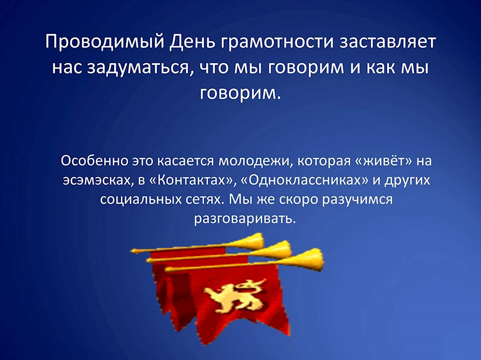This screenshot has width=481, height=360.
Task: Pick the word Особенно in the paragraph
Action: tap(94, 161)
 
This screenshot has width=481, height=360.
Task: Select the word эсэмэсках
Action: tap(98, 180)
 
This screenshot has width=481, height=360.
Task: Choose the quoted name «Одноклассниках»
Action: tap(305, 180)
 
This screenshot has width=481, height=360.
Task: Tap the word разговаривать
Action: tap(245, 219)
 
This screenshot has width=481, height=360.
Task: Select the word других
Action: tap(408, 181)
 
